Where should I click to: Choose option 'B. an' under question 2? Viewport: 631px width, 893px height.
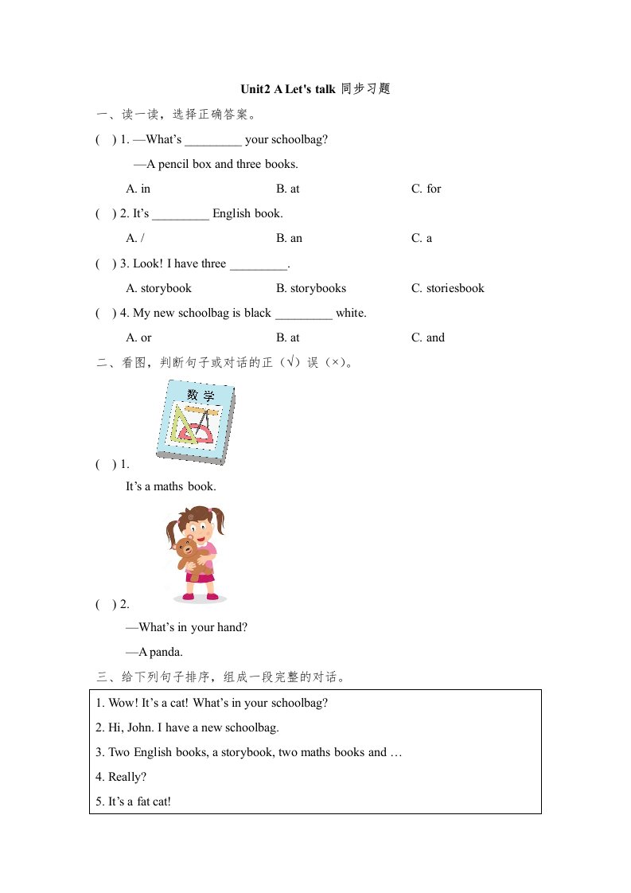pyautogui.click(x=289, y=238)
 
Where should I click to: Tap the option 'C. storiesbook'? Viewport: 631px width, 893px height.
pyautogui.click(x=447, y=288)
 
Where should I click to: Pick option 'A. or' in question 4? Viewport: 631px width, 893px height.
pyautogui.click(x=138, y=337)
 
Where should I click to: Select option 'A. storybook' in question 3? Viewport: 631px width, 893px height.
pyautogui.click(x=158, y=288)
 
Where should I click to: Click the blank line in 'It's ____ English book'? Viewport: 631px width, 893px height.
pyautogui.click(x=180, y=215)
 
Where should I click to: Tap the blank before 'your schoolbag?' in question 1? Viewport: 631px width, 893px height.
pyautogui.click(x=213, y=141)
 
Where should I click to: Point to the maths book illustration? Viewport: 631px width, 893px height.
pyautogui.click(x=196, y=423)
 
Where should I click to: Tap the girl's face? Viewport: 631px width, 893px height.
pyautogui.click(x=196, y=528)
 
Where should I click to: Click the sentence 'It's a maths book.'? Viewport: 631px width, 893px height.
pyautogui.click(x=170, y=486)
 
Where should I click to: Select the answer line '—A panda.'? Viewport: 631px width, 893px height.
pyautogui.click(x=154, y=652)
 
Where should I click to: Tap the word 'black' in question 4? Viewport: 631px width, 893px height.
pyautogui.click(x=257, y=313)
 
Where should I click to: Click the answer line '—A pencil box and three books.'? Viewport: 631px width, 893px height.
pyautogui.click(x=216, y=164)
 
